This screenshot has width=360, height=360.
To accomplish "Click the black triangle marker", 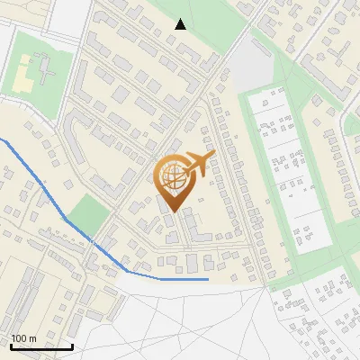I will point(181,24).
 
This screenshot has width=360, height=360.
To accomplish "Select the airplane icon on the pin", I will point(197,164).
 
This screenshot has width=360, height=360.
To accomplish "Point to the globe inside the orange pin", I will point(174,175).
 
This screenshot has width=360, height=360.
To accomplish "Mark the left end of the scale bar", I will point(11,346).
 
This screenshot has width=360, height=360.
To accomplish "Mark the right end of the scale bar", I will point(72,346).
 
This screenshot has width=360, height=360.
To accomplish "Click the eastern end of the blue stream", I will point(208,279).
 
